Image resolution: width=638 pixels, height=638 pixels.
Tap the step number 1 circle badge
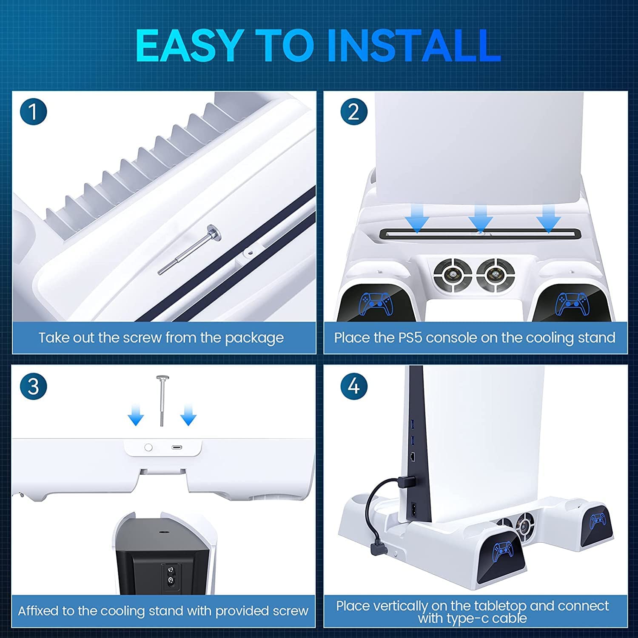[x=33, y=112]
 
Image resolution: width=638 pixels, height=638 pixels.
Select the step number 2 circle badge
[x=353, y=112]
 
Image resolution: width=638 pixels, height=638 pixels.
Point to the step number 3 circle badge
[x=33, y=387]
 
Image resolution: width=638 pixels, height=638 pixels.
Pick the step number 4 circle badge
[x=353, y=387]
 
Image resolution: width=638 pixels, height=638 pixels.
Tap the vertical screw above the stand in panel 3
[x=162, y=400]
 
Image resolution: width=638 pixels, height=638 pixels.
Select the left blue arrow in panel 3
[x=136, y=415]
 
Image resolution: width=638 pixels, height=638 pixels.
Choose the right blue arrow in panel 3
[x=188, y=415]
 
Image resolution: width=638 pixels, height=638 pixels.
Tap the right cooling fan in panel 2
[x=496, y=275]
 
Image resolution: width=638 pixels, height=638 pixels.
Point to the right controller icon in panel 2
[x=572, y=304]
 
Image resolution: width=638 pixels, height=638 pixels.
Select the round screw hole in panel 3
[x=148, y=447]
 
